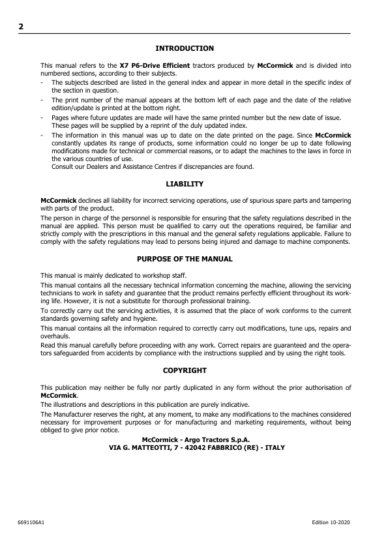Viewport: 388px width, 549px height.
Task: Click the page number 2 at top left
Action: pyautogui.click(x=21, y=27)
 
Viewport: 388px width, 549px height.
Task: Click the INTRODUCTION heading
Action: pyautogui.click(x=185, y=48)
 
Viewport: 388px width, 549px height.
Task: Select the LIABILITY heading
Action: pyautogui.click(x=185, y=185)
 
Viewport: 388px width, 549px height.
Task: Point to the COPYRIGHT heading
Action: pyautogui.click(x=185, y=370)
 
